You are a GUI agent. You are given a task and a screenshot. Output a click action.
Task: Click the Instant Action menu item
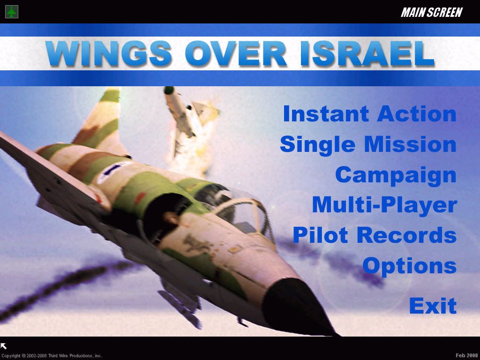tap(369, 114)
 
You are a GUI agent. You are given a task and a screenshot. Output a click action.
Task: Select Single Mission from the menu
tap(368, 144)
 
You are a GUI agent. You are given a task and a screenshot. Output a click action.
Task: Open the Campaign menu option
tap(396, 175)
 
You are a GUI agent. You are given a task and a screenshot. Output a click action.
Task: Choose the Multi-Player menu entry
tap(384, 205)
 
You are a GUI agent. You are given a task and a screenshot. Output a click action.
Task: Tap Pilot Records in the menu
tap(375, 235)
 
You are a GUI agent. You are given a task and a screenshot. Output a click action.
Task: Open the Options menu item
tap(409, 265)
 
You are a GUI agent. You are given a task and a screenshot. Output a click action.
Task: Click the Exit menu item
tap(433, 306)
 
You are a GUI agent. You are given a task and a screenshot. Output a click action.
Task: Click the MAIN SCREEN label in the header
tap(431, 13)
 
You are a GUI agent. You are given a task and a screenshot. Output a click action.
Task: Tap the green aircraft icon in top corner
tap(11, 12)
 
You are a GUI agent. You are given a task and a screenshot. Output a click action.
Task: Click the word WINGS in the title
tap(109, 53)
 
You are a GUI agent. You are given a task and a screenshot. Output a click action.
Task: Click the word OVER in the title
tap(235, 53)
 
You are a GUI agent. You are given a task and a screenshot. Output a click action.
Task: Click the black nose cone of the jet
tap(300, 305)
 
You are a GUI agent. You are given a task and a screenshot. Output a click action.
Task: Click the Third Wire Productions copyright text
tap(52, 356)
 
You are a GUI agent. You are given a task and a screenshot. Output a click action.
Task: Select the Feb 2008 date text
tap(466, 355)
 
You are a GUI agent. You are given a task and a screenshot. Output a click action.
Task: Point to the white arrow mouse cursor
tap(4, 346)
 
